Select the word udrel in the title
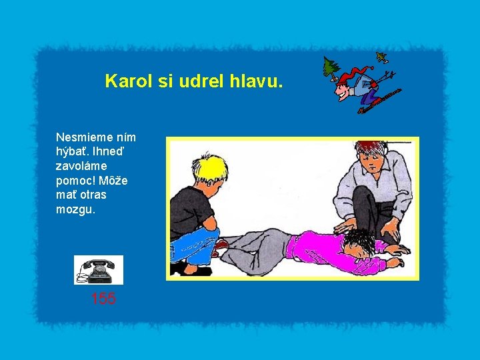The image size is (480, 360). pos(199,81)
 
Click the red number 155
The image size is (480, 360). pos(103,299)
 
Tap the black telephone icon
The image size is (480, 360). pos(98,270)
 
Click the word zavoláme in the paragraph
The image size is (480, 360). pos(81,166)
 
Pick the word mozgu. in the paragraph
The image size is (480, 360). pos(75,209)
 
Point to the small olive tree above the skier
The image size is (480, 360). pos(382,57)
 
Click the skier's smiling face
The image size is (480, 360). pos(344,89)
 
